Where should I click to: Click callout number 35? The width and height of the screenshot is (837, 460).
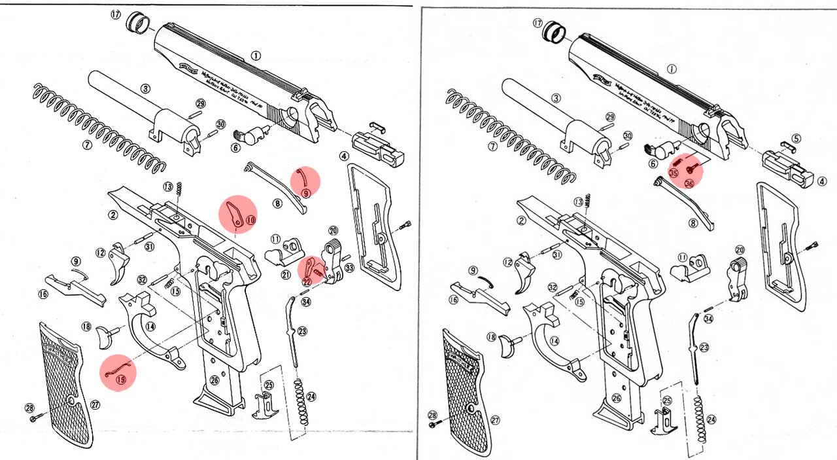click(x=673, y=173)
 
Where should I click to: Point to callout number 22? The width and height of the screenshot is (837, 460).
click(x=306, y=281)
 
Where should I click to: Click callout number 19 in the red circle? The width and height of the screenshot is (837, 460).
click(x=120, y=380)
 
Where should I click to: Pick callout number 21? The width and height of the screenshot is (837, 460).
click(x=286, y=275)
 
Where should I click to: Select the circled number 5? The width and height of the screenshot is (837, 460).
click(x=796, y=139)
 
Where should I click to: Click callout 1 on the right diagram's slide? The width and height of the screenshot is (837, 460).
click(x=672, y=68)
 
